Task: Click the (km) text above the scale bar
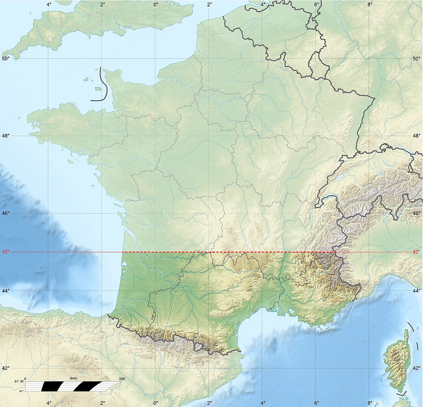pos(73,378)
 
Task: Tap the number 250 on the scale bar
pos(122,379)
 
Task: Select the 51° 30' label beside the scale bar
pos(19,382)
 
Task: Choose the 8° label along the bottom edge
pos(369,402)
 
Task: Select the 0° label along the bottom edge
pos(156,402)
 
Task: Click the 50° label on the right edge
pos(417,58)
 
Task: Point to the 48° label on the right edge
pos(417,136)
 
